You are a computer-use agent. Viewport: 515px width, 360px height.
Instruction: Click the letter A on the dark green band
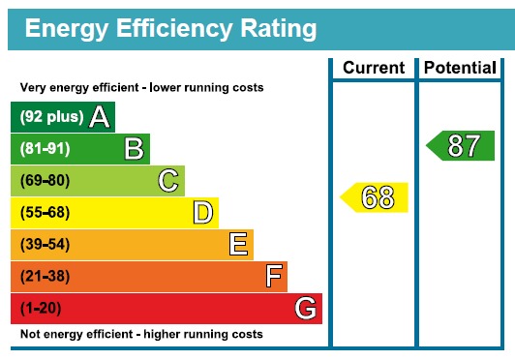tap(99, 117)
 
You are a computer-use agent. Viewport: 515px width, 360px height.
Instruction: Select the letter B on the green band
tap(134, 149)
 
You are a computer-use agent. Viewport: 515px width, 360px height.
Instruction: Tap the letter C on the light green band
tap(168, 181)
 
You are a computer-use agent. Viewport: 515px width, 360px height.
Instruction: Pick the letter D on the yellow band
tap(202, 213)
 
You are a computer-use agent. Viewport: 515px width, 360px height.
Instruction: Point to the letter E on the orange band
tap(238, 245)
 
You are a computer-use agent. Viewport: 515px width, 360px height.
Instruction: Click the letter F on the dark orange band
tap(274, 277)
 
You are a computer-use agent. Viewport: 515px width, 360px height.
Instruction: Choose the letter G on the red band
tap(306, 309)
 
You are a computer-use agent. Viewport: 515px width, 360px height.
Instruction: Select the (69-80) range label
tap(45, 181)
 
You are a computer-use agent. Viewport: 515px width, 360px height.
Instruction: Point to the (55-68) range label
tap(45, 213)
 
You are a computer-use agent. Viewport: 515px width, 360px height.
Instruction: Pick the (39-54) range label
tap(45, 245)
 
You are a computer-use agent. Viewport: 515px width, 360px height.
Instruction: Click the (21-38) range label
tap(45, 277)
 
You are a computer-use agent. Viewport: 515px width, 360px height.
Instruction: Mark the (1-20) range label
tap(42, 309)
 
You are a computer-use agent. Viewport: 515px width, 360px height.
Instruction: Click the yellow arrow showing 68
tap(375, 197)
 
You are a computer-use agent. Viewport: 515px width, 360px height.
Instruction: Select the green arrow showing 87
tap(461, 146)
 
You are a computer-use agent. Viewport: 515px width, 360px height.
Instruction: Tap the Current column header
tap(374, 68)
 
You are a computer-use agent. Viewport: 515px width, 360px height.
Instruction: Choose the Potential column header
tap(461, 68)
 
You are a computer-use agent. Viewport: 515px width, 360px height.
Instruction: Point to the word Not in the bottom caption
tap(31, 334)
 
